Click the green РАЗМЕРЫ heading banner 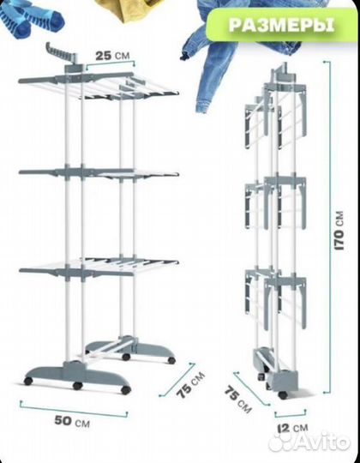pos(281,25)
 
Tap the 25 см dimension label pos(112,55)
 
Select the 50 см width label pos(72,421)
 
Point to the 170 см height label pos(339,231)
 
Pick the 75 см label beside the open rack pos(190,385)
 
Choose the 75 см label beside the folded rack pos(237,400)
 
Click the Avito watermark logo pos(309,442)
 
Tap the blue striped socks pos(29,17)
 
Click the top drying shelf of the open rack pos(99,86)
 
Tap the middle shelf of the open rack pos(99,173)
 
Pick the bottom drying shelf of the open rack pos(99,267)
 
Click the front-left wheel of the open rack pos(28,381)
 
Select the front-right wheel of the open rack pos(126,389)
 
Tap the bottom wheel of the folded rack pos(283,394)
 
